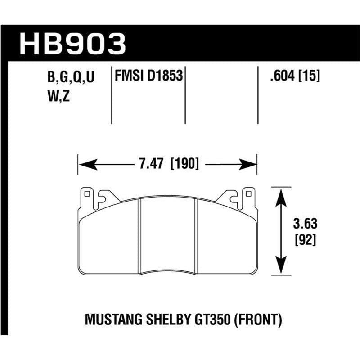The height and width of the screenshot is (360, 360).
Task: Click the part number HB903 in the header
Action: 72,44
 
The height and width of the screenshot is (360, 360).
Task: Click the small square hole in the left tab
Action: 87,195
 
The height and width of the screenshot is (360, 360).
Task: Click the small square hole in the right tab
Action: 247,195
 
